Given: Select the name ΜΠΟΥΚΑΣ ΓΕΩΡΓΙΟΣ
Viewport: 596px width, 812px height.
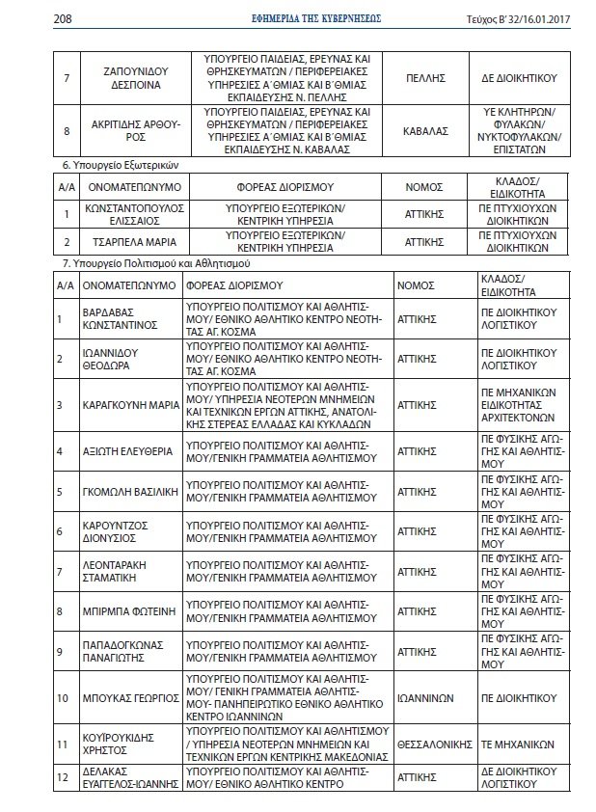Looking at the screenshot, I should pyautogui.click(x=129, y=696).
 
